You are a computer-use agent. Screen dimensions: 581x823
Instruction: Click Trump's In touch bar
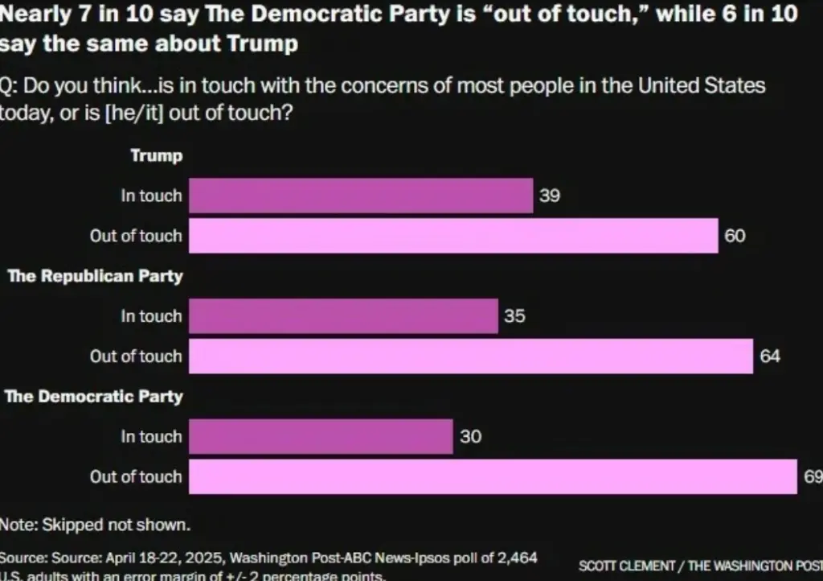[x=360, y=196]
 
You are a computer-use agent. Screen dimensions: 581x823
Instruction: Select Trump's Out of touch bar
[x=453, y=236]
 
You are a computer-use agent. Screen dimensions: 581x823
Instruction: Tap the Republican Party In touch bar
[x=343, y=316]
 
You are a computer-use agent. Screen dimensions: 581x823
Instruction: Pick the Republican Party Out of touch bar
[x=471, y=356]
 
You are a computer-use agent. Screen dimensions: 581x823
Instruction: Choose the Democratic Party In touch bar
[x=321, y=437]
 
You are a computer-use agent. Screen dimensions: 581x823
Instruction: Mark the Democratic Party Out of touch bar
[x=492, y=476]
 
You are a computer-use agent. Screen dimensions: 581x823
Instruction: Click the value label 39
[x=550, y=196]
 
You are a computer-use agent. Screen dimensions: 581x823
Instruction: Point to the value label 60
[x=735, y=236]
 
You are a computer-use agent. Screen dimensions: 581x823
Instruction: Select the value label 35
[x=514, y=316]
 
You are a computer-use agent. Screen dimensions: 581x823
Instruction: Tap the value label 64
[x=770, y=356]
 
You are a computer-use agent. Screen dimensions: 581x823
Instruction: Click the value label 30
[x=470, y=437]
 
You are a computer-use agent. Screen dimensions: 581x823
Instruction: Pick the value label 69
[x=813, y=476]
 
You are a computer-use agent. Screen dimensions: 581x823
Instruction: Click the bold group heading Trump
[x=157, y=155]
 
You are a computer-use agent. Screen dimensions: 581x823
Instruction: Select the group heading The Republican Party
[x=95, y=276]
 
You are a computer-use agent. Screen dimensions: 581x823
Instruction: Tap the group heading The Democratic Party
[x=94, y=397]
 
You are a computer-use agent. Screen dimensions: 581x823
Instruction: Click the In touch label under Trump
[x=151, y=196]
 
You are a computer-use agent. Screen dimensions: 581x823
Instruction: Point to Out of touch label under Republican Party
[x=136, y=356]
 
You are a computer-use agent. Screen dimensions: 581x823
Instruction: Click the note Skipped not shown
[x=95, y=525]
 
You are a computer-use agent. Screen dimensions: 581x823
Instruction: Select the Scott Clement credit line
[x=700, y=566]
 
